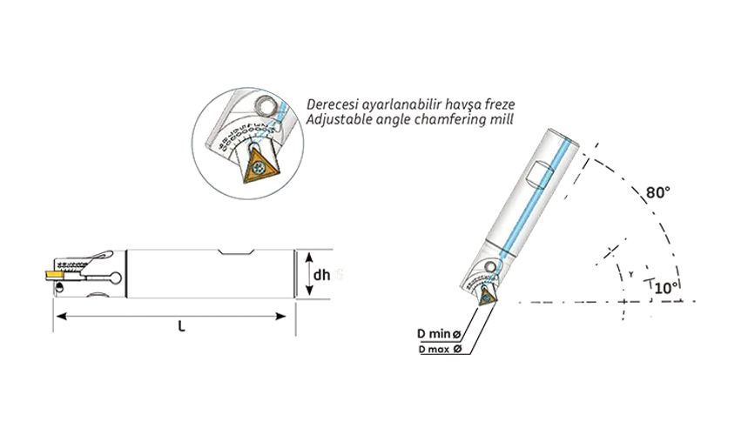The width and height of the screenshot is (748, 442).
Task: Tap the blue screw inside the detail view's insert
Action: tap(259, 163)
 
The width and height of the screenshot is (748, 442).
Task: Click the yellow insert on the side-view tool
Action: tap(52, 274)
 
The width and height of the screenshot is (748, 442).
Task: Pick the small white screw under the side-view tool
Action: tap(98, 295)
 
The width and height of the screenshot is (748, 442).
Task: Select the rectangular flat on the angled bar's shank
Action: tap(538, 175)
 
